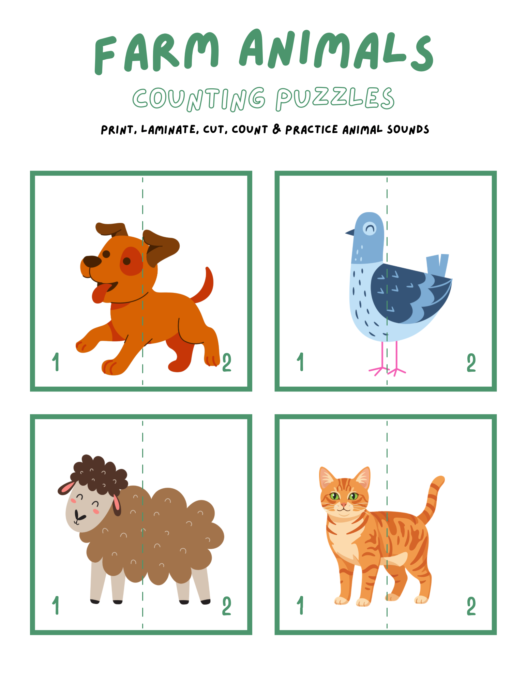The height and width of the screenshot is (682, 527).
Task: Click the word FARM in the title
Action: (157, 53)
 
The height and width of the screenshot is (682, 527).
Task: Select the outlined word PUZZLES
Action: (335, 99)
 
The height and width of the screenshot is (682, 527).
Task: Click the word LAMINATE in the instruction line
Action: (169, 130)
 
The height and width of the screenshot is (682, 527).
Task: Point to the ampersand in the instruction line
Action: (277, 129)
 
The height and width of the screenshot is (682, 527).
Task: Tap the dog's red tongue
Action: (101, 293)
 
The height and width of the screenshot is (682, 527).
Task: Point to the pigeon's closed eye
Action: (370, 228)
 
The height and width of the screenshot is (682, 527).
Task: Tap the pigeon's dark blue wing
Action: (409, 293)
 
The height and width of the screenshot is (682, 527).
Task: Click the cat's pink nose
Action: (344, 504)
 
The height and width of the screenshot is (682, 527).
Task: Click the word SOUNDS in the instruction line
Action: (408, 130)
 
